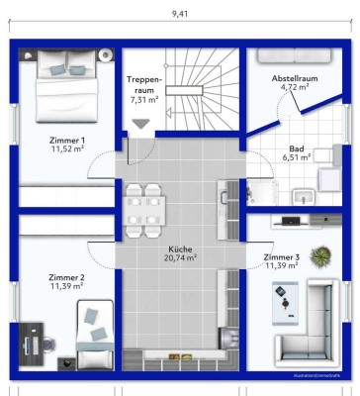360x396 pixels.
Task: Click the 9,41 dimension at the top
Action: point(179,14)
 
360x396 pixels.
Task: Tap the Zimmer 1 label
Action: point(67,141)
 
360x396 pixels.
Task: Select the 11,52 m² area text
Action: point(67,150)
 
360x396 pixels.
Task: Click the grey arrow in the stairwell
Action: point(143,123)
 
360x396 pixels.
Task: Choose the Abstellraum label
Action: point(294,77)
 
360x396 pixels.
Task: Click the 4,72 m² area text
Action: point(294,87)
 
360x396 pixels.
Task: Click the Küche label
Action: point(179,248)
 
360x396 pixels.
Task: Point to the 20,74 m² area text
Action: point(179,258)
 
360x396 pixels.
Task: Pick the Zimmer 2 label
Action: point(67,276)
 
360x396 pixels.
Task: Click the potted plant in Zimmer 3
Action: point(318,257)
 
